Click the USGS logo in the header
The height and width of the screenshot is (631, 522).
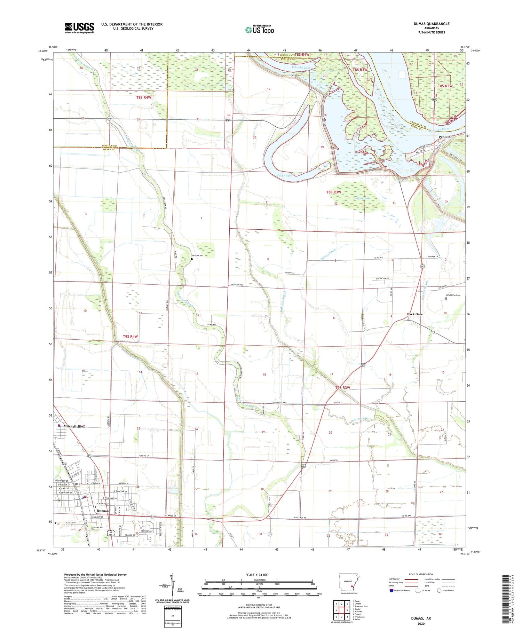79,28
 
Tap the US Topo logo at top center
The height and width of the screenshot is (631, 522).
259,30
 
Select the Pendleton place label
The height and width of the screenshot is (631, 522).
446,137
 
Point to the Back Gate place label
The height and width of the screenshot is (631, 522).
415,314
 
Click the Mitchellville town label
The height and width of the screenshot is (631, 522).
72,426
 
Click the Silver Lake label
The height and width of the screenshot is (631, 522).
284,176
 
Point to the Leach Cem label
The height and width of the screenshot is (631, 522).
197,255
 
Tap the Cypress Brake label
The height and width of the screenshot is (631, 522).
362,198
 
